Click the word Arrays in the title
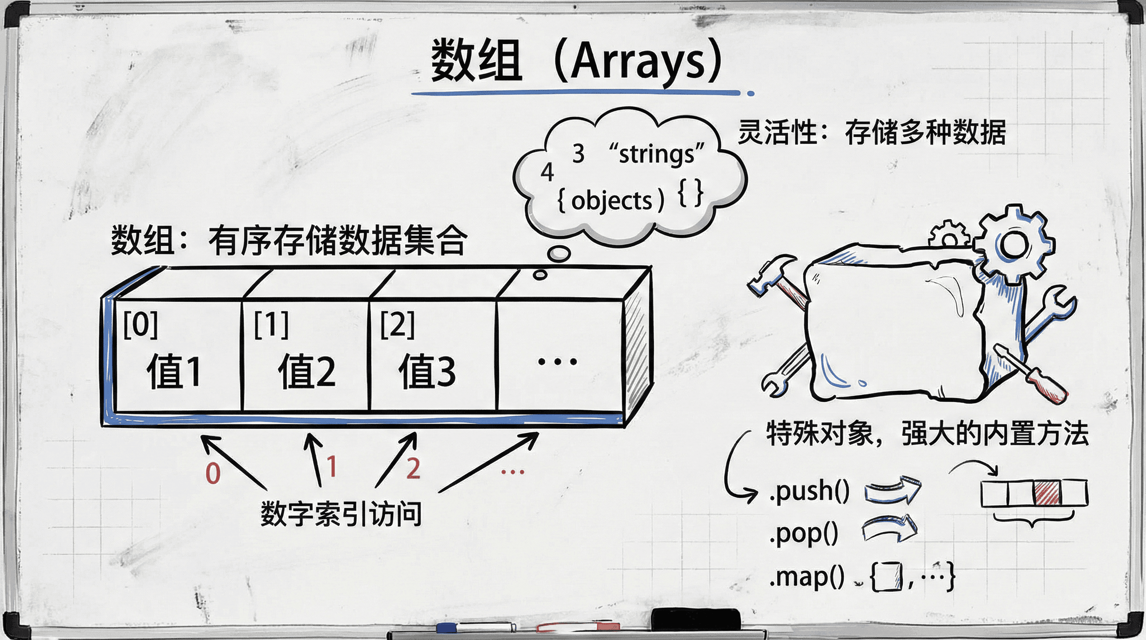pyautogui.click(x=638, y=61)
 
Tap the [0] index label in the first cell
pyautogui.click(x=141, y=325)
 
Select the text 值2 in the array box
pyautogui.click(x=306, y=371)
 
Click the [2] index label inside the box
pyautogui.click(x=397, y=325)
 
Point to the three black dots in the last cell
pyautogui.click(x=558, y=361)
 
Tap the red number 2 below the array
pyautogui.click(x=413, y=468)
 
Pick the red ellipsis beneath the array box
pyautogui.click(x=513, y=472)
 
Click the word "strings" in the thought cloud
pyautogui.click(x=657, y=154)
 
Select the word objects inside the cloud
pyautogui.click(x=612, y=201)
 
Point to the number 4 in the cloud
pyautogui.click(x=547, y=172)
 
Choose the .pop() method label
pyautogui.click(x=803, y=534)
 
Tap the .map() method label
pyautogui.click(x=807, y=577)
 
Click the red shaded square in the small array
pyautogui.click(x=1047, y=492)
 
